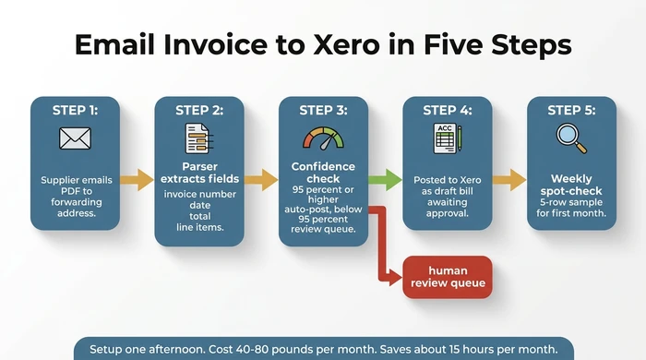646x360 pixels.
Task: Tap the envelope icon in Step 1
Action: point(74,138)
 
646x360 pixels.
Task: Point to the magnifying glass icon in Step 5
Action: point(570,138)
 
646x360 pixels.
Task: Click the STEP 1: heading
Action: point(74,111)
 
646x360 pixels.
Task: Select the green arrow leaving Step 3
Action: point(385,178)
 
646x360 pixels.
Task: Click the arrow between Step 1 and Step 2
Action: point(137,178)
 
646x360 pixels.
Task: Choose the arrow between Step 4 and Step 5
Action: point(508,178)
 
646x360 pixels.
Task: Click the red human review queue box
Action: point(448,276)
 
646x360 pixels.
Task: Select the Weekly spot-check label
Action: point(570,185)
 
